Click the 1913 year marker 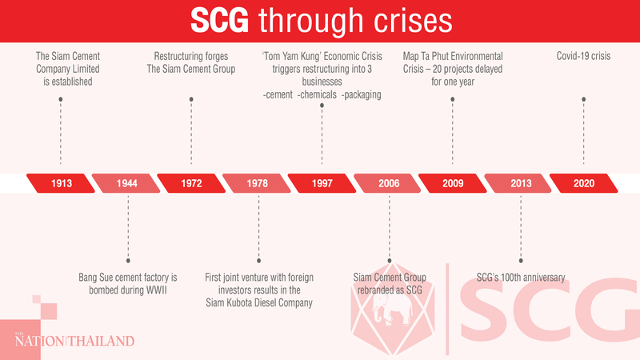(x=62, y=183)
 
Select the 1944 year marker (x=126, y=183)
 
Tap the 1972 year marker (x=191, y=183)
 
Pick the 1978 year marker (x=257, y=183)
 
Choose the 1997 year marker (x=322, y=183)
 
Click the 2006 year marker (x=388, y=183)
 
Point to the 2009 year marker (x=453, y=183)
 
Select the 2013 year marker (x=518, y=183)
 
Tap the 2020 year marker (x=583, y=183)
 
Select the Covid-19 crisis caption (x=583, y=57)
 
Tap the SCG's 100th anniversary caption (x=521, y=278)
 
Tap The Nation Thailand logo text (x=74, y=342)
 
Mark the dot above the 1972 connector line (x=191, y=98)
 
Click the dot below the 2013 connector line (x=519, y=259)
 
